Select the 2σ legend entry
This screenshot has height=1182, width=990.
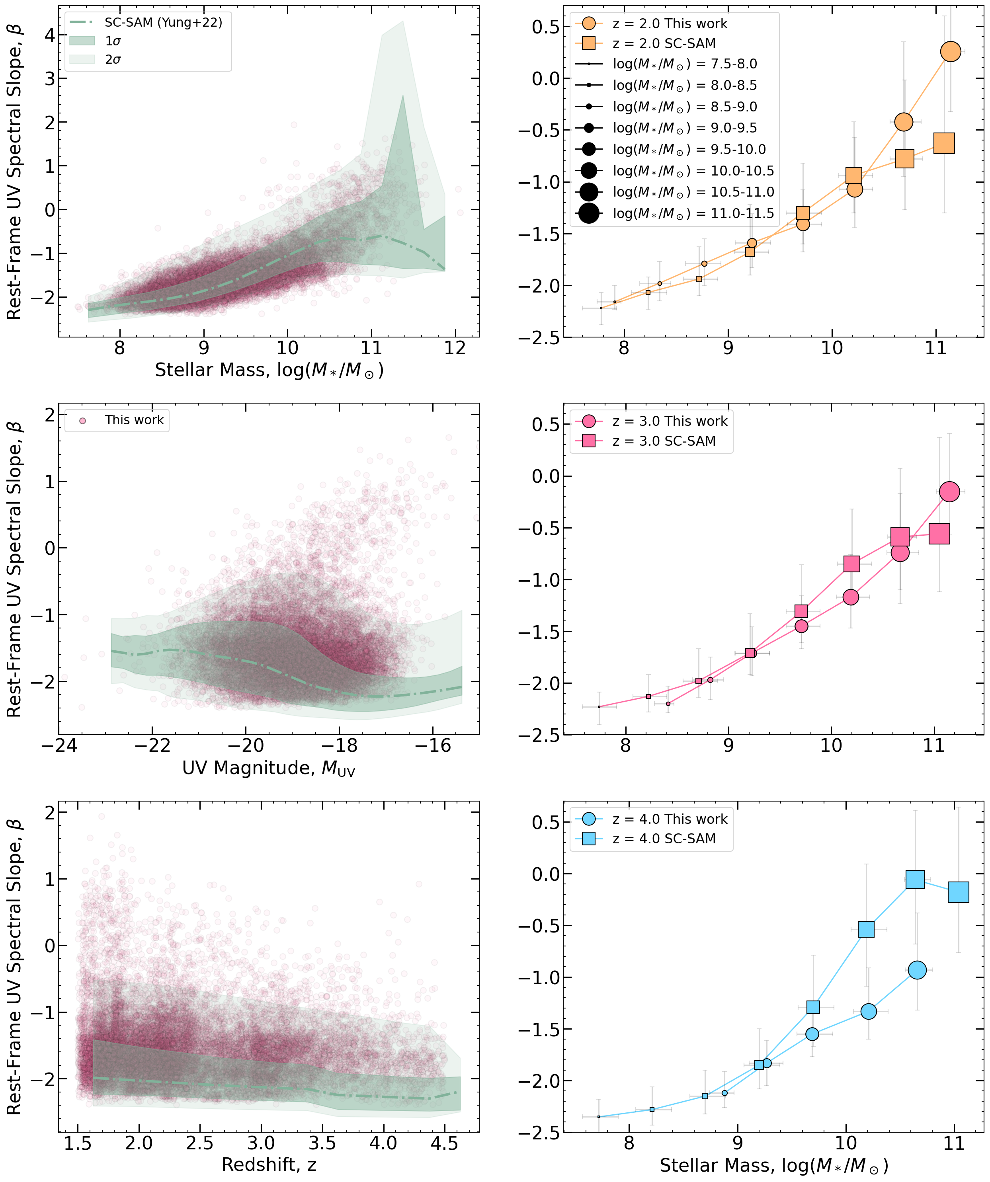click(x=113, y=60)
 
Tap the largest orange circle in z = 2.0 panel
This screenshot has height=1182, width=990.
click(x=951, y=52)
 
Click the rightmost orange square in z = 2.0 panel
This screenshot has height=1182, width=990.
click(x=944, y=144)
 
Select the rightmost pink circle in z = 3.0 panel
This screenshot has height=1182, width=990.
click(x=949, y=492)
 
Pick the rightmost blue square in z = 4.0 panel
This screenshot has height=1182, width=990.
click(x=958, y=892)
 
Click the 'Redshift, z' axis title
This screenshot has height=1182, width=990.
click(x=269, y=1165)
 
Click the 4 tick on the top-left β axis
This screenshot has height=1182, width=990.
click(x=49, y=35)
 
